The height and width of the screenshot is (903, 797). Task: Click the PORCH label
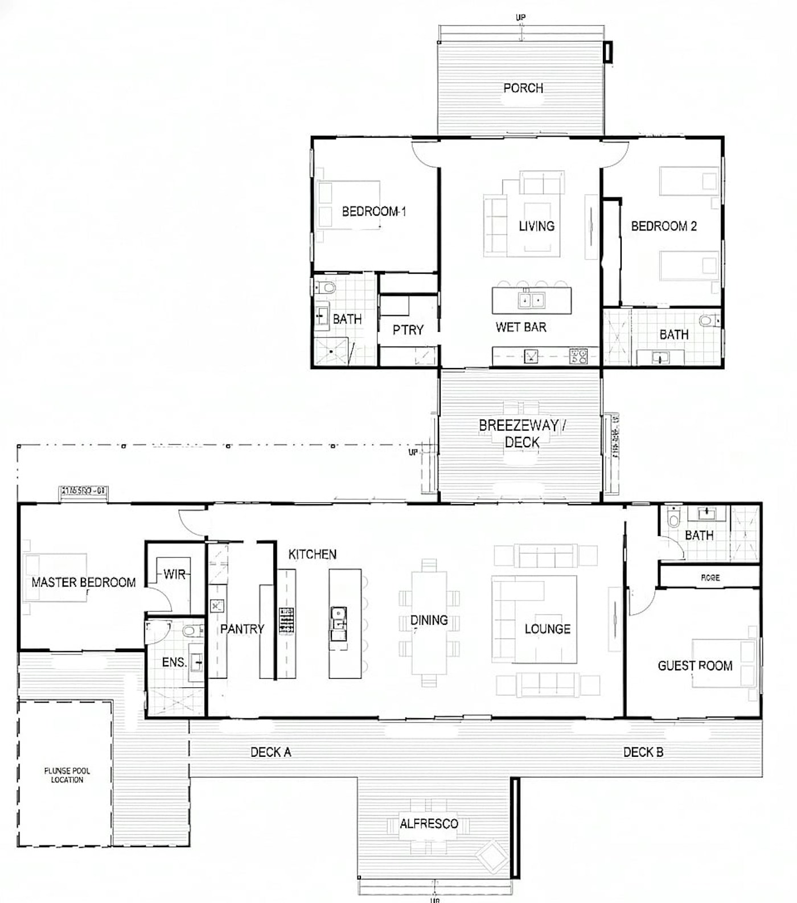pyautogui.click(x=523, y=88)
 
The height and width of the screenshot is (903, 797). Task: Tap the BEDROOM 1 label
pyautogui.click(x=373, y=212)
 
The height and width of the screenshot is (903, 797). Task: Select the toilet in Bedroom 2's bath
pyautogui.click(x=706, y=321)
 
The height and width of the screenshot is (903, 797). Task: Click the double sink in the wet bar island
pyautogui.click(x=531, y=300)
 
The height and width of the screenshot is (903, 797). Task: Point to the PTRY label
pyautogui.click(x=408, y=330)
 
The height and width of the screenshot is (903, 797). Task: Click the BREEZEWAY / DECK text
pyautogui.click(x=522, y=433)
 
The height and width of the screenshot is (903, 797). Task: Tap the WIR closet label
pyautogui.click(x=174, y=574)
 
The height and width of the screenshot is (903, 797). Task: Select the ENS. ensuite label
pyautogui.click(x=174, y=662)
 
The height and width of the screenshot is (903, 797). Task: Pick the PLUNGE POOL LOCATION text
pyautogui.click(x=67, y=775)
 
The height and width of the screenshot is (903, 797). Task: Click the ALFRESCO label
pyautogui.click(x=428, y=824)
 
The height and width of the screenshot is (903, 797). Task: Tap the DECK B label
pyautogui.click(x=643, y=752)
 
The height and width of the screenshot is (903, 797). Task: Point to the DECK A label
pyautogui.click(x=270, y=752)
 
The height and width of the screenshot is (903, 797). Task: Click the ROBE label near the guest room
pyautogui.click(x=710, y=578)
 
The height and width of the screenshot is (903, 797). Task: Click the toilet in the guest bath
pyautogui.click(x=673, y=517)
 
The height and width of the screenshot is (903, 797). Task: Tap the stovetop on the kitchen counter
pyautogui.click(x=287, y=620)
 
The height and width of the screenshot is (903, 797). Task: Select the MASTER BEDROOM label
pyautogui.click(x=84, y=582)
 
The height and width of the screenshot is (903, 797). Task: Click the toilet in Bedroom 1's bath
pyautogui.click(x=326, y=287)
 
